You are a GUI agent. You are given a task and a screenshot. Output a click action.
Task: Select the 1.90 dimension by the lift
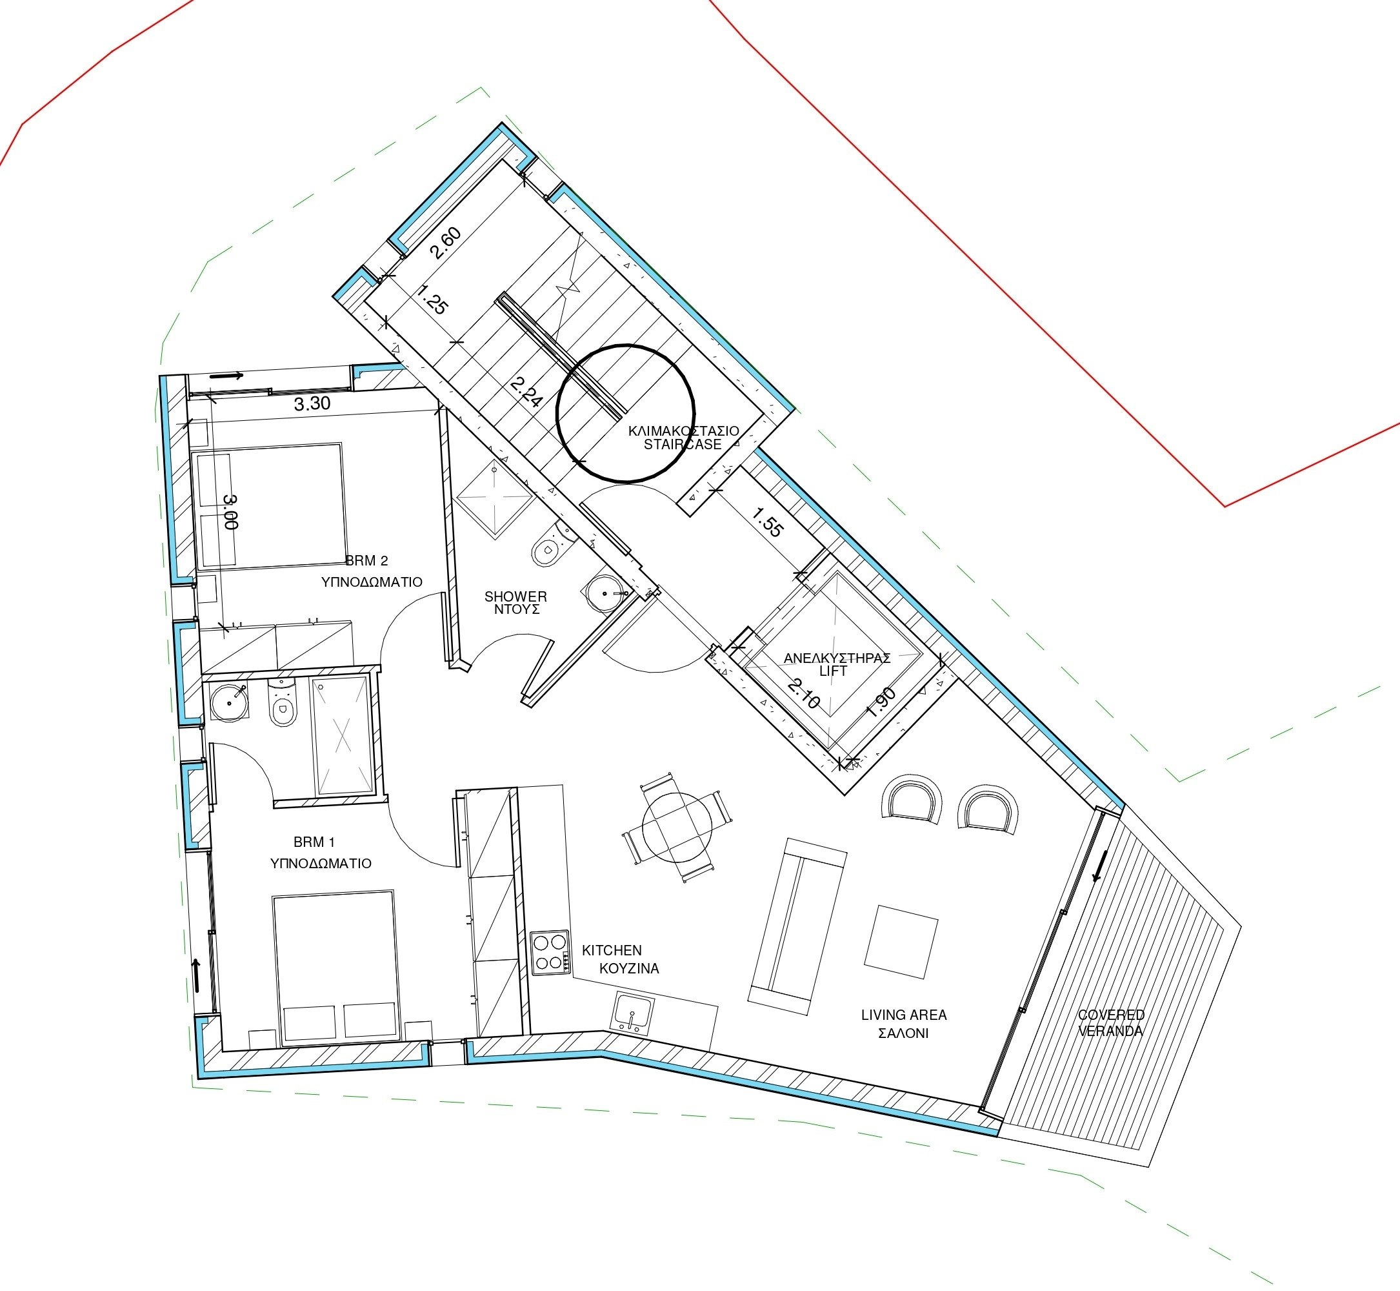coord(881,703)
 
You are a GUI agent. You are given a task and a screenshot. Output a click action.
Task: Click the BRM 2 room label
coord(366,560)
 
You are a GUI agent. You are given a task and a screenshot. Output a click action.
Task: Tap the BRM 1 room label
coord(314,842)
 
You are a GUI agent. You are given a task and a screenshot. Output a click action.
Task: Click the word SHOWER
coord(516,596)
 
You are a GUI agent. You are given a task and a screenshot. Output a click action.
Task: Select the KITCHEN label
coord(612,950)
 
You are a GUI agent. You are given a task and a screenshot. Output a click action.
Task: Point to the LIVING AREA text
coord(905,1014)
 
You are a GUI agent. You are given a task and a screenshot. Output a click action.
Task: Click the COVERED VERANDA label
coord(1111,1022)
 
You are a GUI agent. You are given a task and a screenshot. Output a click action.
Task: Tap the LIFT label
coord(833,671)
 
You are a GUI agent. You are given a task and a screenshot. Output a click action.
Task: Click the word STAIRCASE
coord(682,444)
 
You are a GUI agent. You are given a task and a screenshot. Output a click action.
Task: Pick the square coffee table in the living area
coord(901,942)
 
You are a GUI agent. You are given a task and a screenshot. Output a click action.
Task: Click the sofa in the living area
coord(797,927)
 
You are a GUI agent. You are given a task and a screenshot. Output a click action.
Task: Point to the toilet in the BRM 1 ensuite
coord(281,705)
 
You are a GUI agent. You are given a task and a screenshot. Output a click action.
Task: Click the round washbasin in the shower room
coord(605,594)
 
